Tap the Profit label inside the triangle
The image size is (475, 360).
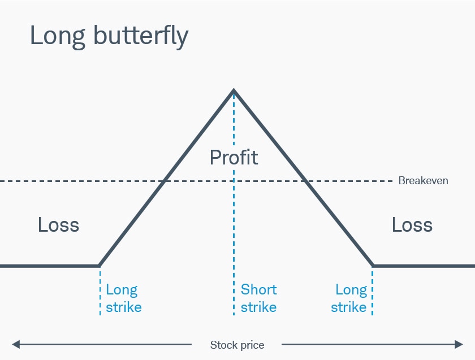click(234, 157)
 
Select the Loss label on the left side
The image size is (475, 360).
click(58, 225)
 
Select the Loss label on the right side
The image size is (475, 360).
click(412, 225)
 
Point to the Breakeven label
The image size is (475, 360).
click(423, 181)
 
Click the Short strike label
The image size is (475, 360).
click(258, 298)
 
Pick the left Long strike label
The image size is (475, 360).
click(123, 298)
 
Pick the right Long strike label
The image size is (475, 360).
click(349, 298)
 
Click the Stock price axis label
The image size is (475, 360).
click(237, 345)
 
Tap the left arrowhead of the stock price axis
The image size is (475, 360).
click(15, 344)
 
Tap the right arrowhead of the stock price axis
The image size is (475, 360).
click(459, 344)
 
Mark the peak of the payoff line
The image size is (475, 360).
click(234, 90)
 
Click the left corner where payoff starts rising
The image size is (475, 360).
click(99, 265)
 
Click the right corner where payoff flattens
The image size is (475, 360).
click(373, 265)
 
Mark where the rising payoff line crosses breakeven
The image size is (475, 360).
click(164, 181)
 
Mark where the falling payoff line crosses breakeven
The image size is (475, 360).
click(304, 181)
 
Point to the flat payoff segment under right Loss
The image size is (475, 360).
click(424, 265)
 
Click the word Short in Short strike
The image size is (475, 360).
click(258, 290)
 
